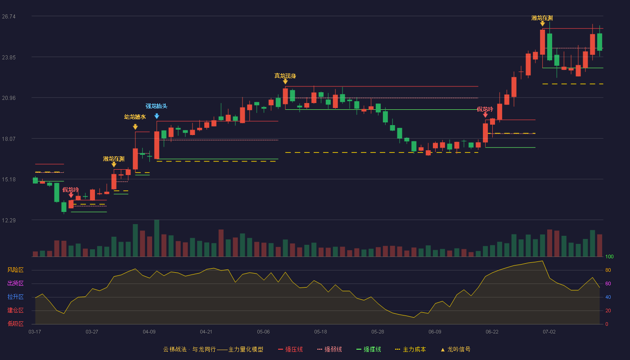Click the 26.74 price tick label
[x=9, y=17]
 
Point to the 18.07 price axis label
[x=9, y=139]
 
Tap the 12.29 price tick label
[x=9, y=220]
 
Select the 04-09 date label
[x=149, y=332]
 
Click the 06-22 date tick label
[x=492, y=332]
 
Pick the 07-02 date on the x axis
[x=549, y=332]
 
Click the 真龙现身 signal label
[x=285, y=76]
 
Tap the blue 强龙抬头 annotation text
[x=157, y=106]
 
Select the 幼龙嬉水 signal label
[x=135, y=117]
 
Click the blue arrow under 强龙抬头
[x=157, y=116]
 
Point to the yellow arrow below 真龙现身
[x=285, y=81]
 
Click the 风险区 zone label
[x=15, y=270]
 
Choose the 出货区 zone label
[x=15, y=283]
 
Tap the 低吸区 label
[x=15, y=324]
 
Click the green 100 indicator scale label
[x=609, y=256]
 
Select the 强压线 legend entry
[x=290, y=349]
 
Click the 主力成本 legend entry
[x=410, y=349]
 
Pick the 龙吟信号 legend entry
[x=455, y=349]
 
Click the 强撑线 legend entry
[x=369, y=349]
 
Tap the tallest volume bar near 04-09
[x=157, y=238]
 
